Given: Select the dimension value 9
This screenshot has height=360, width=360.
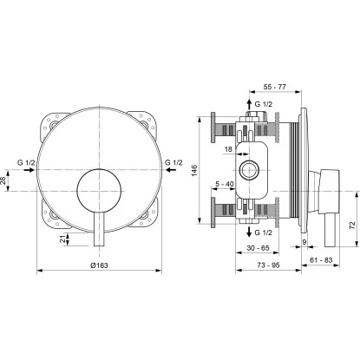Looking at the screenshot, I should (304, 240).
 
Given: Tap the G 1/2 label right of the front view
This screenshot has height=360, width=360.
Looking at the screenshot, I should (173, 161).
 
